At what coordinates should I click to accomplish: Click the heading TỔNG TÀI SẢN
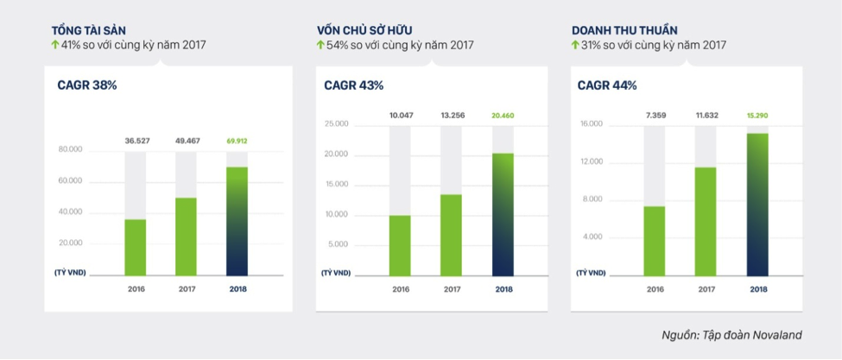(x=88, y=30)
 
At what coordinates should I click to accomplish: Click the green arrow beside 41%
(x=55, y=45)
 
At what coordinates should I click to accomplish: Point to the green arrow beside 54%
(x=320, y=45)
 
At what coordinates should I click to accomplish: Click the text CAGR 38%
(x=86, y=85)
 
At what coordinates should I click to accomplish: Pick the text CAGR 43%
(x=353, y=85)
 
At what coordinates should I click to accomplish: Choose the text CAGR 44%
(x=606, y=85)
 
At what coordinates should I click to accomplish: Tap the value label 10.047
(x=401, y=114)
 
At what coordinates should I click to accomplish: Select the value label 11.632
(x=706, y=114)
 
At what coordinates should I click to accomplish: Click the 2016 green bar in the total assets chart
(x=136, y=247)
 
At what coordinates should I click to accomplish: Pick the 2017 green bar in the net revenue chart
(x=706, y=221)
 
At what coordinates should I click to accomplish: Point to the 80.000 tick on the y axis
(x=70, y=149)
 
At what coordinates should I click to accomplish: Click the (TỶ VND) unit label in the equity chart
(x=336, y=273)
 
